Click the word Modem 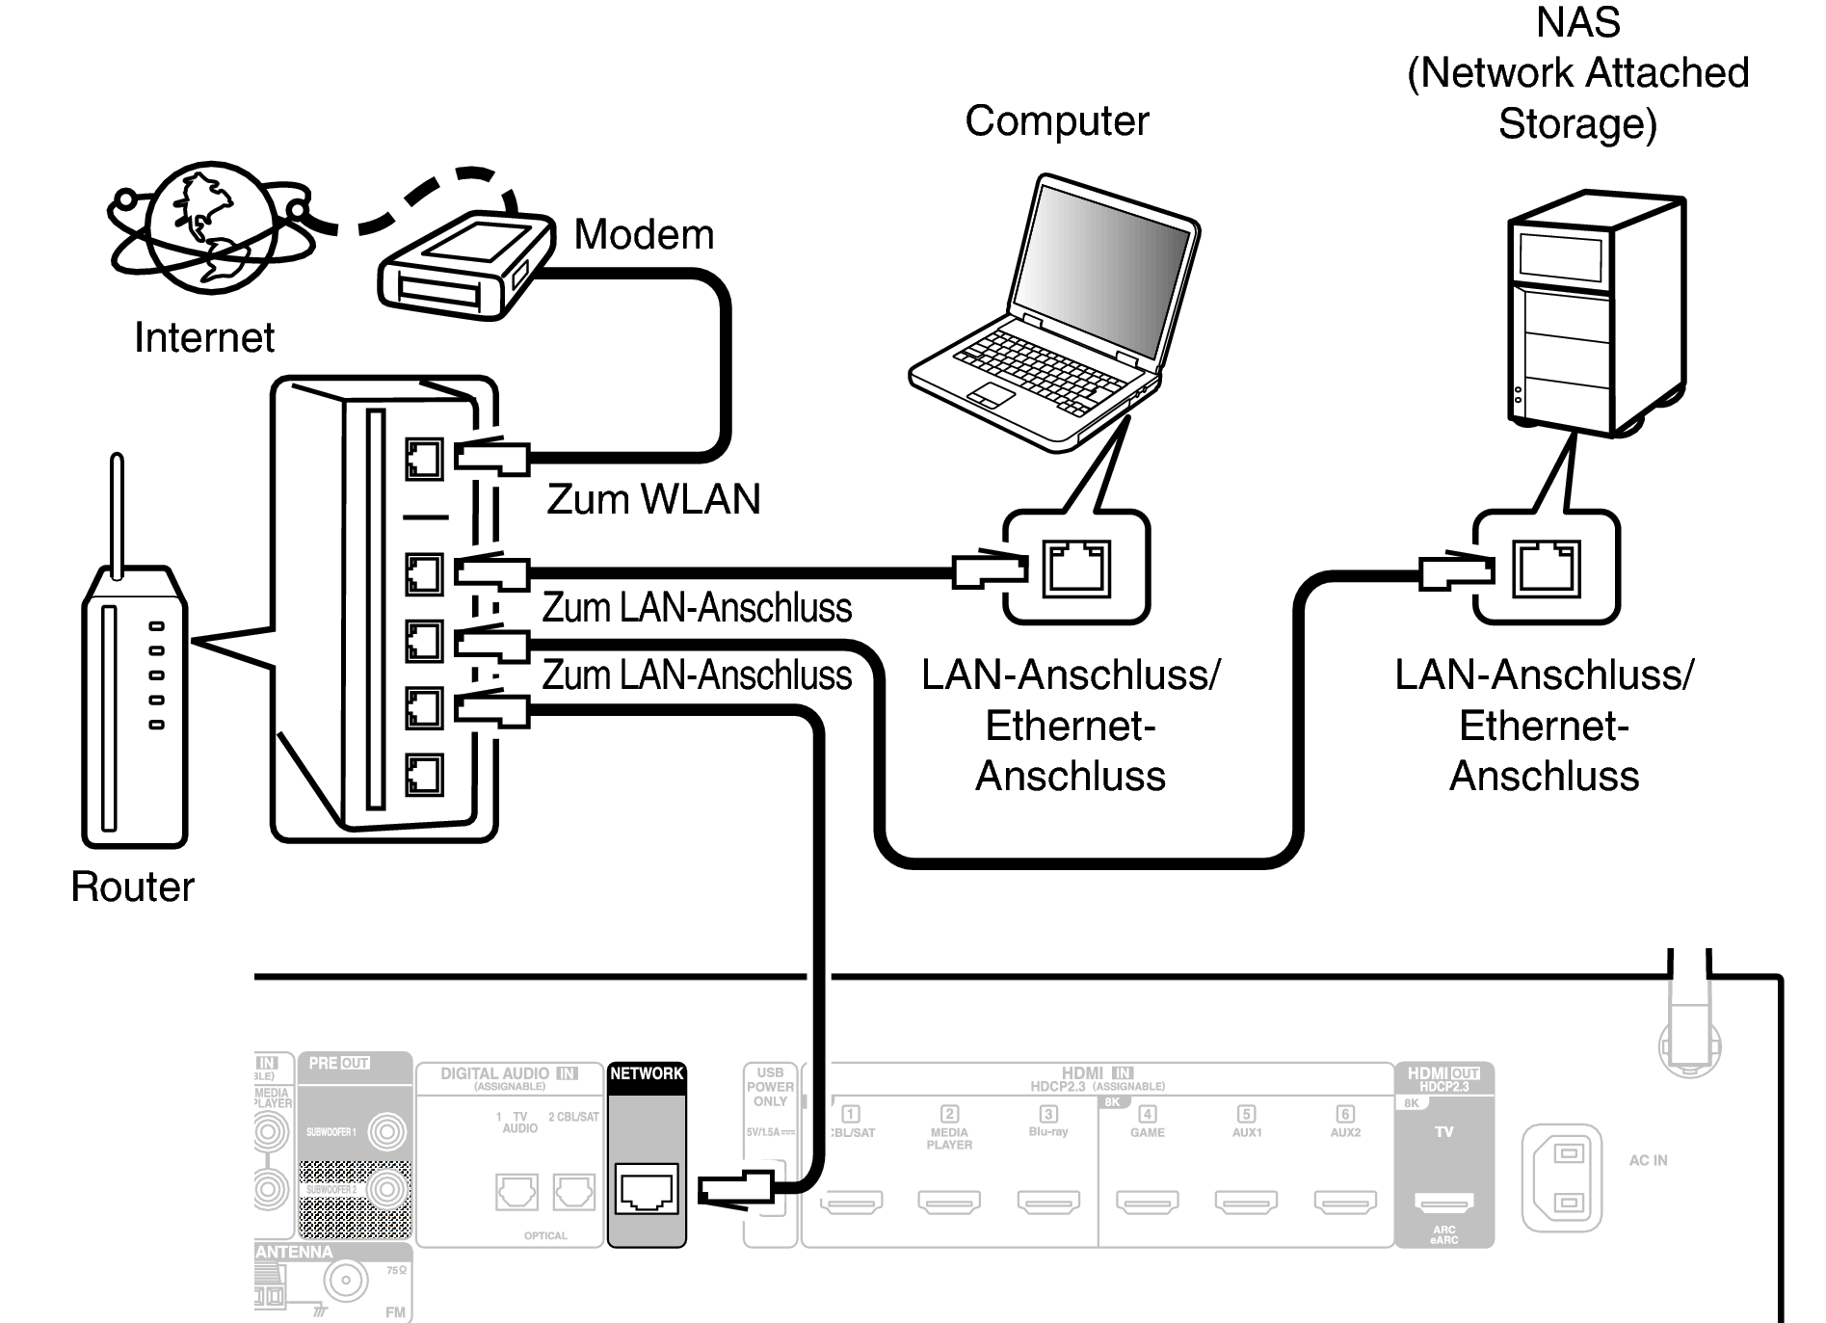coord(644,235)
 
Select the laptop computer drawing coord(1055,318)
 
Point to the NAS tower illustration coord(1595,313)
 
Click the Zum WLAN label coord(653,499)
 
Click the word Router coord(133,886)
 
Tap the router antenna coord(118,516)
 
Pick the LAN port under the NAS coord(1547,568)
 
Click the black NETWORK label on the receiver coord(647,1073)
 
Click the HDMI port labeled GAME coord(1147,1201)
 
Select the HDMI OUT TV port coord(1443,1202)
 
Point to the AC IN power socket coord(1561,1177)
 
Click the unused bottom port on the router coord(424,775)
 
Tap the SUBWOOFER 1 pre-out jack coord(386,1131)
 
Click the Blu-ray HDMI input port coord(1048,1201)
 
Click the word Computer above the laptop coord(1057,121)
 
